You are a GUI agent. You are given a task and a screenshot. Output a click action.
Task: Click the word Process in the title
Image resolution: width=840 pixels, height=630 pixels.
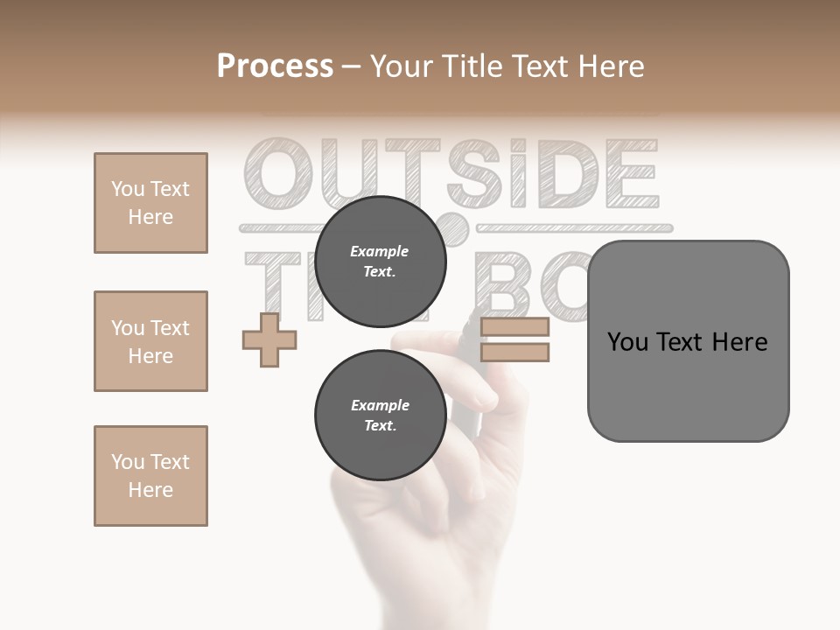tap(275, 66)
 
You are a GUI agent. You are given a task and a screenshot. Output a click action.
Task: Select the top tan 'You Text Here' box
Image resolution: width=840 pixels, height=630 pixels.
tap(150, 203)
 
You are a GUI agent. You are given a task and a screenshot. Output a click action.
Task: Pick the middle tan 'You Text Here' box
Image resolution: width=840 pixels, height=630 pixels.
tap(150, 341)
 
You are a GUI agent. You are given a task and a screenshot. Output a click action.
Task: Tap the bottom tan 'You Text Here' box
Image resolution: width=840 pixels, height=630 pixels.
tap(150, 476)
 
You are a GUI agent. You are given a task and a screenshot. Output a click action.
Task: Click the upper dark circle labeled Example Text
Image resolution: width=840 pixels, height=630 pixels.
tap(380, 261)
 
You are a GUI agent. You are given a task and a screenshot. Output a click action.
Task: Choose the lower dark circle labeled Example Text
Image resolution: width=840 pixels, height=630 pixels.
tap(380, 415)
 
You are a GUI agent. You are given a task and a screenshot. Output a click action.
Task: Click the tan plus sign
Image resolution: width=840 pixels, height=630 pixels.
tap(269, 339)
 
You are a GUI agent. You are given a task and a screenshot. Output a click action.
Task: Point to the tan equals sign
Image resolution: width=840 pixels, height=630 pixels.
tap(514, 340)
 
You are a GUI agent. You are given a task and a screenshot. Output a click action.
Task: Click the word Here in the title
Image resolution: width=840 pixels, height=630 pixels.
tap(612, 66)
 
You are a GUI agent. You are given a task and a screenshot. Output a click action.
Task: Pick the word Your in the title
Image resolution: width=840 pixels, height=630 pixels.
tap(398, 66)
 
